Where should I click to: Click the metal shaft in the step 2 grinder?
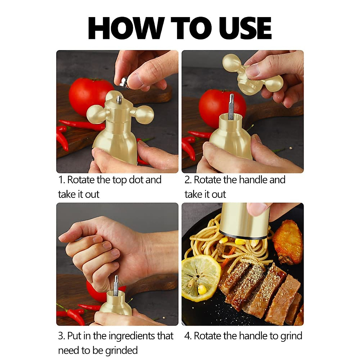point(231,106)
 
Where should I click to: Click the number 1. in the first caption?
point(61,180)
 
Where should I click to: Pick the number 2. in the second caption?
point(188,180)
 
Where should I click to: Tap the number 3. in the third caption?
point(61,336)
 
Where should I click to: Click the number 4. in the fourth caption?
point(188,336)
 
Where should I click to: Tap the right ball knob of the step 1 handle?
point(145,115)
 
